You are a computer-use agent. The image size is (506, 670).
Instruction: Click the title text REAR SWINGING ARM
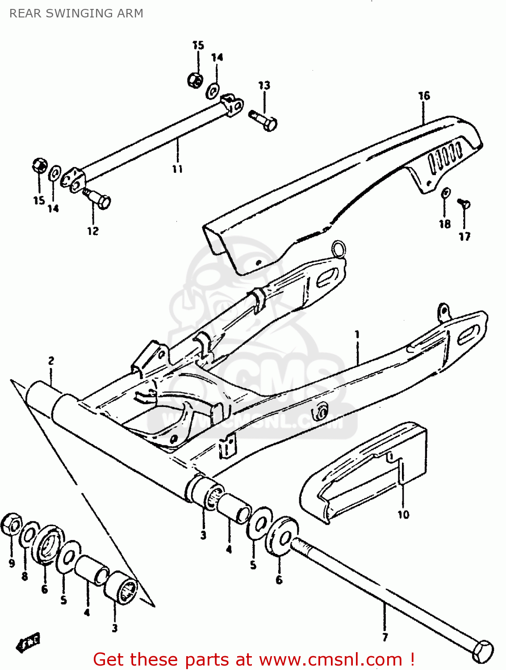coord(76,13)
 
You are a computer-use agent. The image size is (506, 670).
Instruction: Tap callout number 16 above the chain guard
coord(424,96)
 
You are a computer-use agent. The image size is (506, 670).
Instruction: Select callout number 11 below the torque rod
coord(177,169)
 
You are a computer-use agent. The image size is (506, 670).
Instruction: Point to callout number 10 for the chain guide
coord(403,515)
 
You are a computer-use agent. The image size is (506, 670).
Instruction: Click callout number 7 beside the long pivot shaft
coord(385,637)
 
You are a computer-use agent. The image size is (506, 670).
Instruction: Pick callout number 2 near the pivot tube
coord(51,360)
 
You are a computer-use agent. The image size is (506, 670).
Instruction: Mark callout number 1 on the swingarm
coord(357,335)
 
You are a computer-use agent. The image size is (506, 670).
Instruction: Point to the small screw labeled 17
coord(464,204)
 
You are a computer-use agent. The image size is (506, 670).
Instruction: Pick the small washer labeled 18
coord(446,193)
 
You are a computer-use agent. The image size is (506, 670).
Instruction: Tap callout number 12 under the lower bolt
coord(93,231)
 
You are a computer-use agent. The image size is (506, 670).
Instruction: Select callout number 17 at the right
coord(464,236)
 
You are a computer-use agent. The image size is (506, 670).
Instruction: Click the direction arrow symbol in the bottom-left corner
coord(28,641)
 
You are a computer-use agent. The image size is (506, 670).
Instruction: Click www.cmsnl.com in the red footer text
coord(330,659)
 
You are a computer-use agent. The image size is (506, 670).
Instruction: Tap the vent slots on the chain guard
coord(445,157)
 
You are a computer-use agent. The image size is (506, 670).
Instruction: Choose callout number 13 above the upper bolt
coord(264,85)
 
